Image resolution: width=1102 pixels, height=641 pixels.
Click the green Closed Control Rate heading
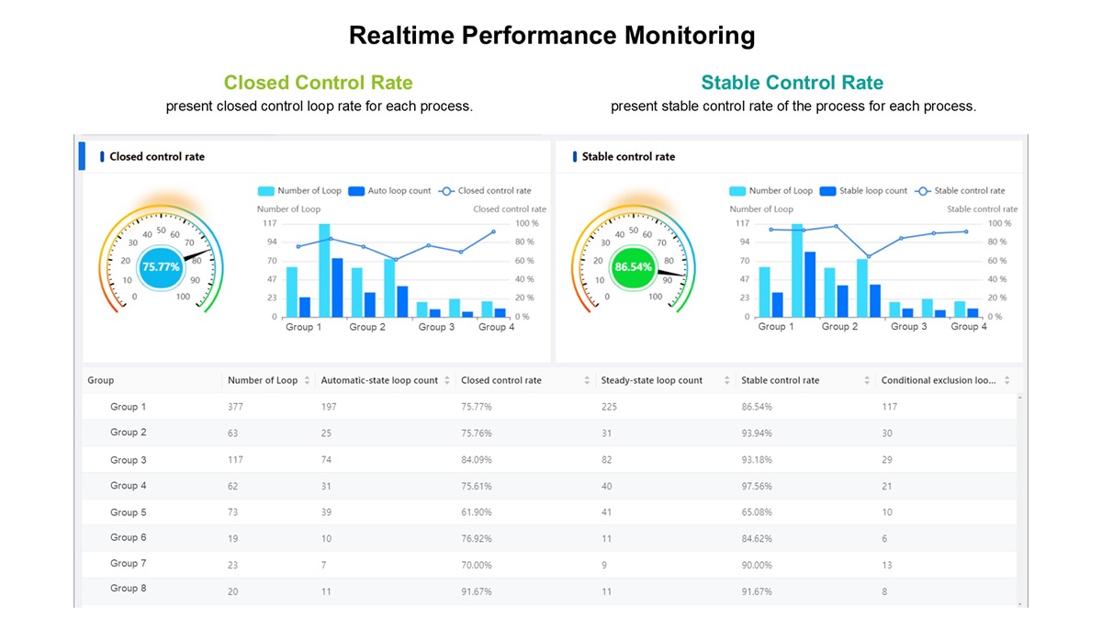click(318, 83)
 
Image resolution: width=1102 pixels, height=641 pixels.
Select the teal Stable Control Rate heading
click(792, 83)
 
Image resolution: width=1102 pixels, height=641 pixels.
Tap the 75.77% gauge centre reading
click(162, 267)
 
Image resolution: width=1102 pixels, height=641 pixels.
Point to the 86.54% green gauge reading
click(634, 267)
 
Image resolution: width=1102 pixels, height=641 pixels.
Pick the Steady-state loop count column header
click(651, 380)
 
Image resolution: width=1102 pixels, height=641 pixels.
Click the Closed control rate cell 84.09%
click(476, 459)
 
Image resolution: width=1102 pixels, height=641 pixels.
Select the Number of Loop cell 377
click(236, 407)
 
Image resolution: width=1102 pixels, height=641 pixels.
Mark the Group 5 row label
click(128, 512)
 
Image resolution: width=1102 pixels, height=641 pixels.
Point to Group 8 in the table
click(128, 589)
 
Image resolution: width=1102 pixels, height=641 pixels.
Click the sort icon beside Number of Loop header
click(307, 380)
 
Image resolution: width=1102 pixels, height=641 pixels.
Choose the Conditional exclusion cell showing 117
click(889, 407)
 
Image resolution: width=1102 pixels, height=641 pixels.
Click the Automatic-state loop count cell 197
click(329, 407)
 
